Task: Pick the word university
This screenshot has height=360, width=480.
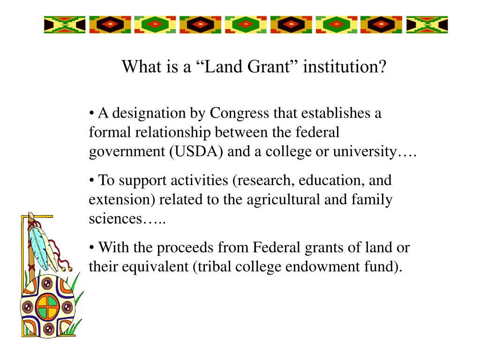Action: pos(366,152)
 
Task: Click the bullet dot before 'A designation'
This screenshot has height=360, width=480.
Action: pos(92,114)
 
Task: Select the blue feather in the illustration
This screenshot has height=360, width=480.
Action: pos(38,241)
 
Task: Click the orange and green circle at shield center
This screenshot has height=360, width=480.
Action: pos(48,307)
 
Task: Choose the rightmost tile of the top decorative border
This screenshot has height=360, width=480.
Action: pos(427,24)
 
